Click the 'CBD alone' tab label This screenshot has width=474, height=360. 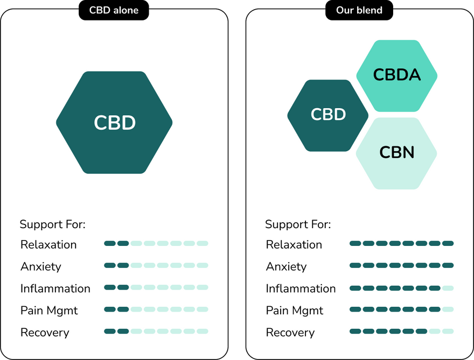coord(114,10)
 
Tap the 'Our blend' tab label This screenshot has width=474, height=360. coord(359,10)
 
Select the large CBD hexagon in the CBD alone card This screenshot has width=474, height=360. coord(114,123)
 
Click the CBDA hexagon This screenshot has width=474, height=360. coord(397,75)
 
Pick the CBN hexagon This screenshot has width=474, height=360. coord(397,153)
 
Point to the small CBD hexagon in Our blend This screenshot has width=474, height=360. coord(328,115)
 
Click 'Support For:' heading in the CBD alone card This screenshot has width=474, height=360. coord(53,224)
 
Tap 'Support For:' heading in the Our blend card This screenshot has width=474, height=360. coord(298,224)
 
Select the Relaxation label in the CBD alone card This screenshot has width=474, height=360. coord(48,245)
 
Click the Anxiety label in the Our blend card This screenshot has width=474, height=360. coord(286,267)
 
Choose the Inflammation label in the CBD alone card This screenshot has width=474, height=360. coord(55,288)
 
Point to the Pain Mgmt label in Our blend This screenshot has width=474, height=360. coord(295,310)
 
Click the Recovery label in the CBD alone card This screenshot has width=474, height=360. coord(45,333)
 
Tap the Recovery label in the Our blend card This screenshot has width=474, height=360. coord(290,333)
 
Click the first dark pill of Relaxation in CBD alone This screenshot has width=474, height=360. coord(110,243)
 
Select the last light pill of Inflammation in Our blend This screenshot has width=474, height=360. coord(448,288)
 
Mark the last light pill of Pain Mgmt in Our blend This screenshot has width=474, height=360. coord(448,309)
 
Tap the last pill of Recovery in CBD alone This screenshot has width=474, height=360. coord(202,331)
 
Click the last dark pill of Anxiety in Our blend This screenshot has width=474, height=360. coord(448,265)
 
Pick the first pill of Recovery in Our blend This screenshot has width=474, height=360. coord(356,331)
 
